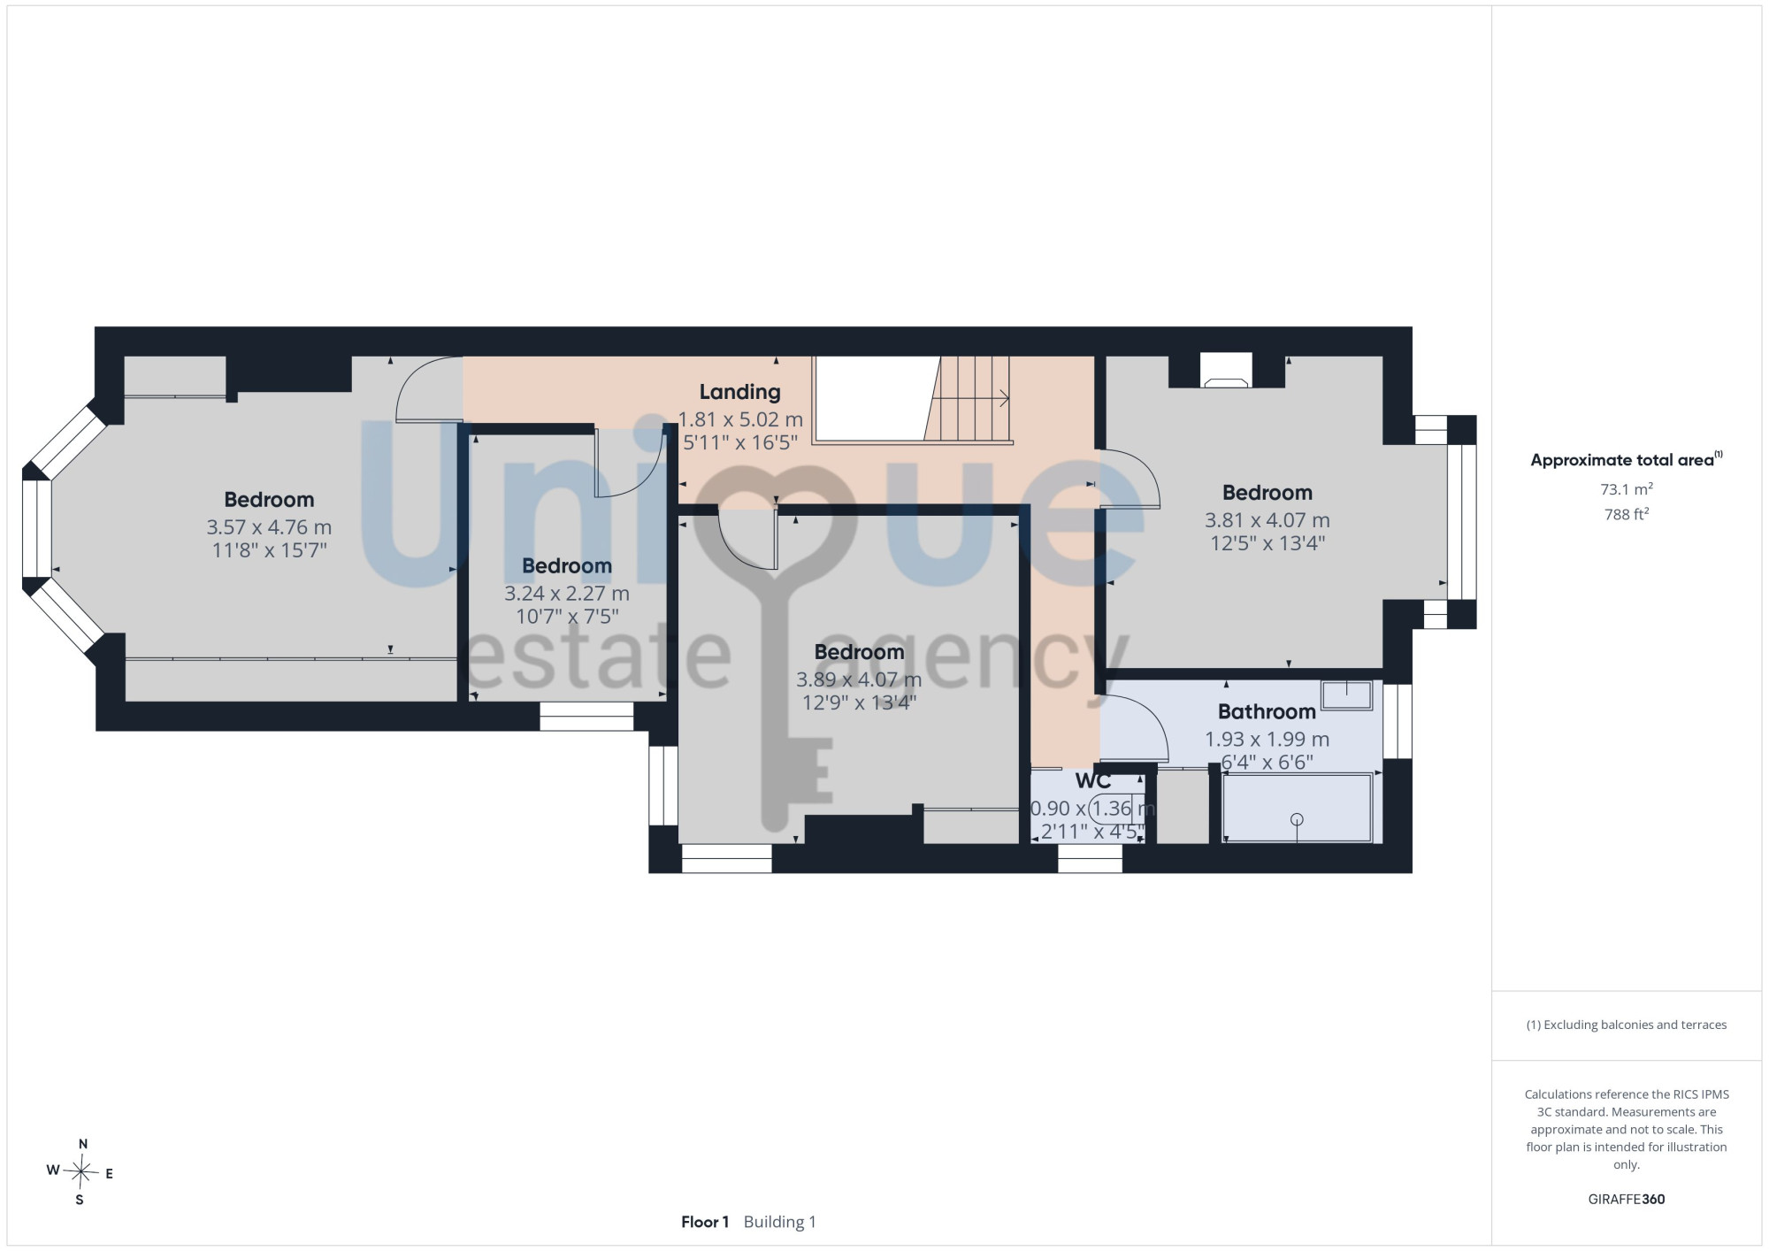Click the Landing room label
(x=739, y=392)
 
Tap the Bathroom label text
(x=1267, y=711)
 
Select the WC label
(x=1093, y=781)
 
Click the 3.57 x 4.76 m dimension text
(x=269, y=527)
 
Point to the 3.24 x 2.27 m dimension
(x=567, y=594)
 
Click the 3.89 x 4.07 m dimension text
(x=859, y=679)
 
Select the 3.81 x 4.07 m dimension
(x=1267, y=520)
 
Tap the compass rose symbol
(x=80, y=1173)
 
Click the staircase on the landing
(x=969, y=399)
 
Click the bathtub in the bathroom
(x=1298, y=808)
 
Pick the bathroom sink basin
(x=1346, y=695)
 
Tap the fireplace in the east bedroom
(x=1226, y=371)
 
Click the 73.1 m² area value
(x=1627, y=489)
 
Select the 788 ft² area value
(x=1627, y=514)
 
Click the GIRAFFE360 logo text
(x=1627, y=1200)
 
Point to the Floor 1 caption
(x=705, y=1222)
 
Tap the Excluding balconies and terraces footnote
(x=1627, y=1025)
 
